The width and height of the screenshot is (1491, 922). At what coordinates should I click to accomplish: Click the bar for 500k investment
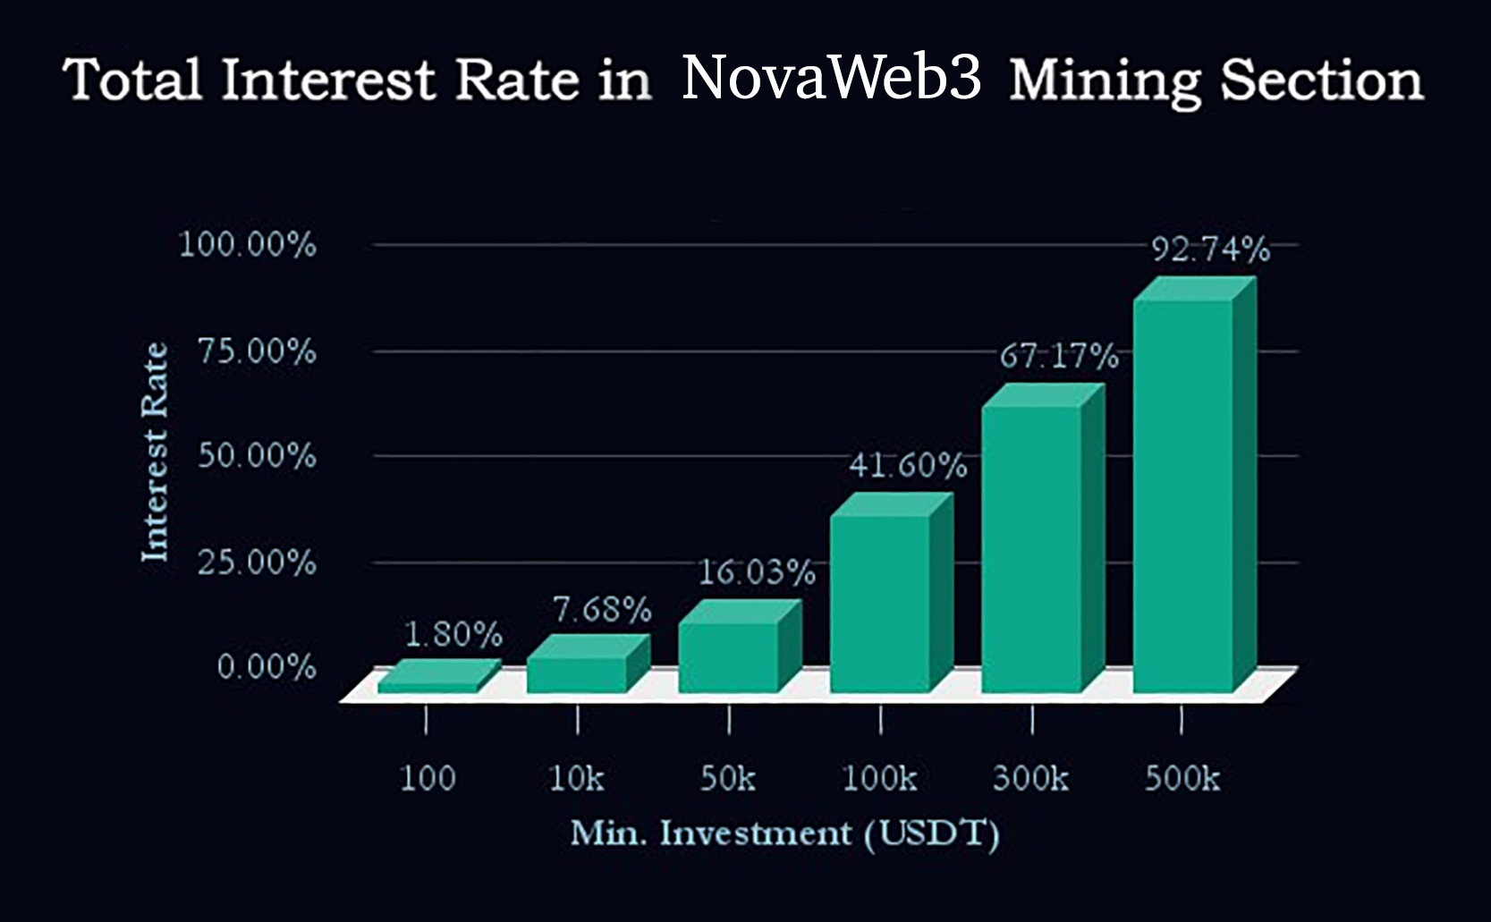tap(1182, 496)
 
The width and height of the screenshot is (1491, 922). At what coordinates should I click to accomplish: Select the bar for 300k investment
tap(1031, 549)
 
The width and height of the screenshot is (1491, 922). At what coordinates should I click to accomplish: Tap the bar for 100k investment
tap(880, 604)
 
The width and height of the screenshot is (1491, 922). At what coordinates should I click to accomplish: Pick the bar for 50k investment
tap(728, 656)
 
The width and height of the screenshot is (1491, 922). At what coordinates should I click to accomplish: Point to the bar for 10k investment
tap(577, 675)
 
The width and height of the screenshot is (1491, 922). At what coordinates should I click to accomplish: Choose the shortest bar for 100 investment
tap(428, 684)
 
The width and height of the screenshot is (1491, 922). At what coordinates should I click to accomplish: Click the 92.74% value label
tap(1209, 250)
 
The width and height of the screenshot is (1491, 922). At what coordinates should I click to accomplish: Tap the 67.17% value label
tap(1058, 357)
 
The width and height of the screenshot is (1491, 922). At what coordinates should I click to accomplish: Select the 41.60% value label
tap(907, 465)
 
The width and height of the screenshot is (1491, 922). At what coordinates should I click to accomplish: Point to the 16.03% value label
tap(756, 572)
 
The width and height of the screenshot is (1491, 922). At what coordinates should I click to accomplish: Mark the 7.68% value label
tap(602, 610)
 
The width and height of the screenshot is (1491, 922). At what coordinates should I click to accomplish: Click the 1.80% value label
tap(453, 635)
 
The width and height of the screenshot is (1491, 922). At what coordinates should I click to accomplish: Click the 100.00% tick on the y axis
tap(248, 244)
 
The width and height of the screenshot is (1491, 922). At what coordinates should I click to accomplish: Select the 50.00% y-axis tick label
tap(257, 456)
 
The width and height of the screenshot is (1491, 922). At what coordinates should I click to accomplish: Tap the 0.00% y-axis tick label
tap(266, 667)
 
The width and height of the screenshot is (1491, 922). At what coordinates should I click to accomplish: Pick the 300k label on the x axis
tap(1030, 779)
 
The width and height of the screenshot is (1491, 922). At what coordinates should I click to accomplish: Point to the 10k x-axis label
tap(576, 779)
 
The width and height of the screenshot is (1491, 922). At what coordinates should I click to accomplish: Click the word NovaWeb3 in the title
tap(831, 78)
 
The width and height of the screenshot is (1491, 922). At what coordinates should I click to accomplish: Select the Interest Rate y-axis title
tap(156, 453)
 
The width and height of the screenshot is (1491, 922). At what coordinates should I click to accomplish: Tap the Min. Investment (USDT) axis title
tap(784, 833)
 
